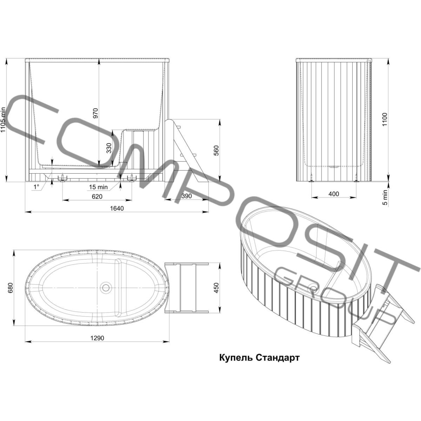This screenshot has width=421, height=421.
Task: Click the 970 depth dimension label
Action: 96,113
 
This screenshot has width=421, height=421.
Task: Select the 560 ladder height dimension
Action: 216,150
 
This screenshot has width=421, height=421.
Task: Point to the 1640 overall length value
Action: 117,208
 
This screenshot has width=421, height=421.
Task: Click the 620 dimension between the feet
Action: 97,196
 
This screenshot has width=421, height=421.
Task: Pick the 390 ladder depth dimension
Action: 186,196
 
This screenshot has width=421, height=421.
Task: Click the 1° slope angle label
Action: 36,187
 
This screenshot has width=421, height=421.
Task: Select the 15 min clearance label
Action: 98,187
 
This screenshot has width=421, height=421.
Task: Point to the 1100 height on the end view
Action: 385,119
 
